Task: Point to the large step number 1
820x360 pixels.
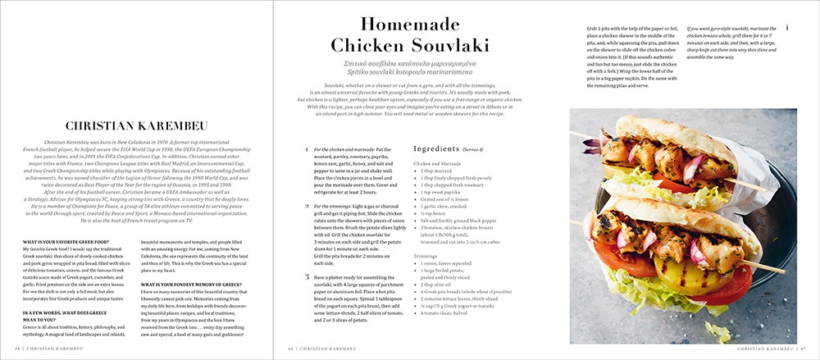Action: coord(306,150)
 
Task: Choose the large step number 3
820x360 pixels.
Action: coord(306,277)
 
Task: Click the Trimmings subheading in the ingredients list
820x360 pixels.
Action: coord(427,256)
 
